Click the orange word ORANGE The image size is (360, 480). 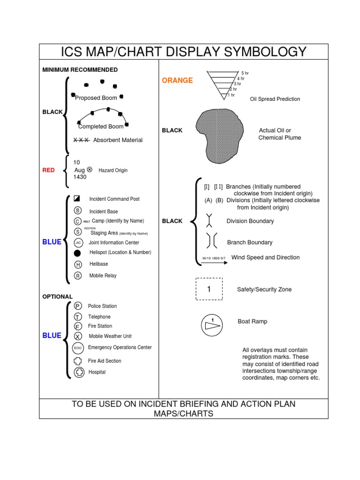pos(177,81)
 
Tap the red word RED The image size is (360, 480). pos(48,170)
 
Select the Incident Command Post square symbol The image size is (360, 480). pos(78,199)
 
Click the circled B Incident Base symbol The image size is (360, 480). pos(78,210)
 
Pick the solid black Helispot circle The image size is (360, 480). pos(78,253)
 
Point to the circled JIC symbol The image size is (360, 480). pos(78,242)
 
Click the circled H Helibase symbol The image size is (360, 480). pos(78,264)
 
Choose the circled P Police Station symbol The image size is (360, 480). pos(78,306)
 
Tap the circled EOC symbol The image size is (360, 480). pos(78,348)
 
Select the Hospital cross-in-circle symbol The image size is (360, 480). pos(79,372)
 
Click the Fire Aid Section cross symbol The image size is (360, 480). pos(78,361)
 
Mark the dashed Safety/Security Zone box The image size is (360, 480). pos(209,289)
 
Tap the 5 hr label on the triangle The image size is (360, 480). pos(245,73)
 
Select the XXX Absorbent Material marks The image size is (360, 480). pos(82,140)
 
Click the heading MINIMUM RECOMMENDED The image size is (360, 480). pos(80,70)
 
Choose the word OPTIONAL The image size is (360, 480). pos(57,297)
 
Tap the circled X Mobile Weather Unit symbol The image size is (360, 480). pos(78,337)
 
